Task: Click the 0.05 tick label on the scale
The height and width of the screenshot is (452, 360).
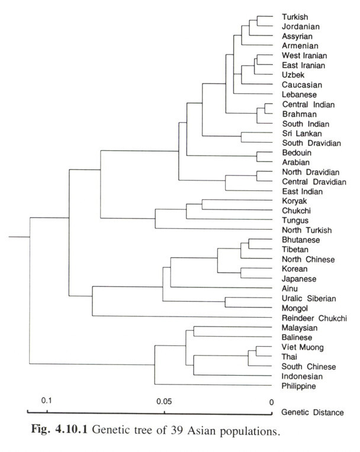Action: [x=164, y=401]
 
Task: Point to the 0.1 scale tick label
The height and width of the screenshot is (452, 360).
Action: [x=47, y=401]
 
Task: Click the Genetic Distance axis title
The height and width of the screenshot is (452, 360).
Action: [x=312, y=412]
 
